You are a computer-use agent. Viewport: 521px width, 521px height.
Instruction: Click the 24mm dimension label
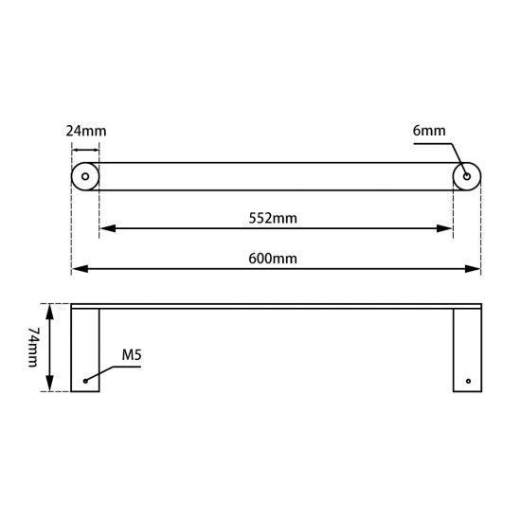[84, 130]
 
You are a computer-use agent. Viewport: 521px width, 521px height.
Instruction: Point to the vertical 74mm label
[32, 348]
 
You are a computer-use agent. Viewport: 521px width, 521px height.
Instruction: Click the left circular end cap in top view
[85, 176]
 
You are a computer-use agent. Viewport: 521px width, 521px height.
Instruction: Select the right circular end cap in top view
[467, 176]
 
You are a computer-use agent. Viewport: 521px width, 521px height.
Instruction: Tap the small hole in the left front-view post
[85, 381]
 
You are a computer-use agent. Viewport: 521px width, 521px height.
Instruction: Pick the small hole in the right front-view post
[466, 381]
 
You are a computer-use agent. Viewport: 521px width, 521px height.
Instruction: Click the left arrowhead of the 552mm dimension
[105, 228]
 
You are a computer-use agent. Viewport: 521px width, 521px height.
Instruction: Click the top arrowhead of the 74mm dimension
[50, 309]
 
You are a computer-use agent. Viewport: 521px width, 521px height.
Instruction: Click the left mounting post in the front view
[86, 350]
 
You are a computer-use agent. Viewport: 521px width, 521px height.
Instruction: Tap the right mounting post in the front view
[467, 350]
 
